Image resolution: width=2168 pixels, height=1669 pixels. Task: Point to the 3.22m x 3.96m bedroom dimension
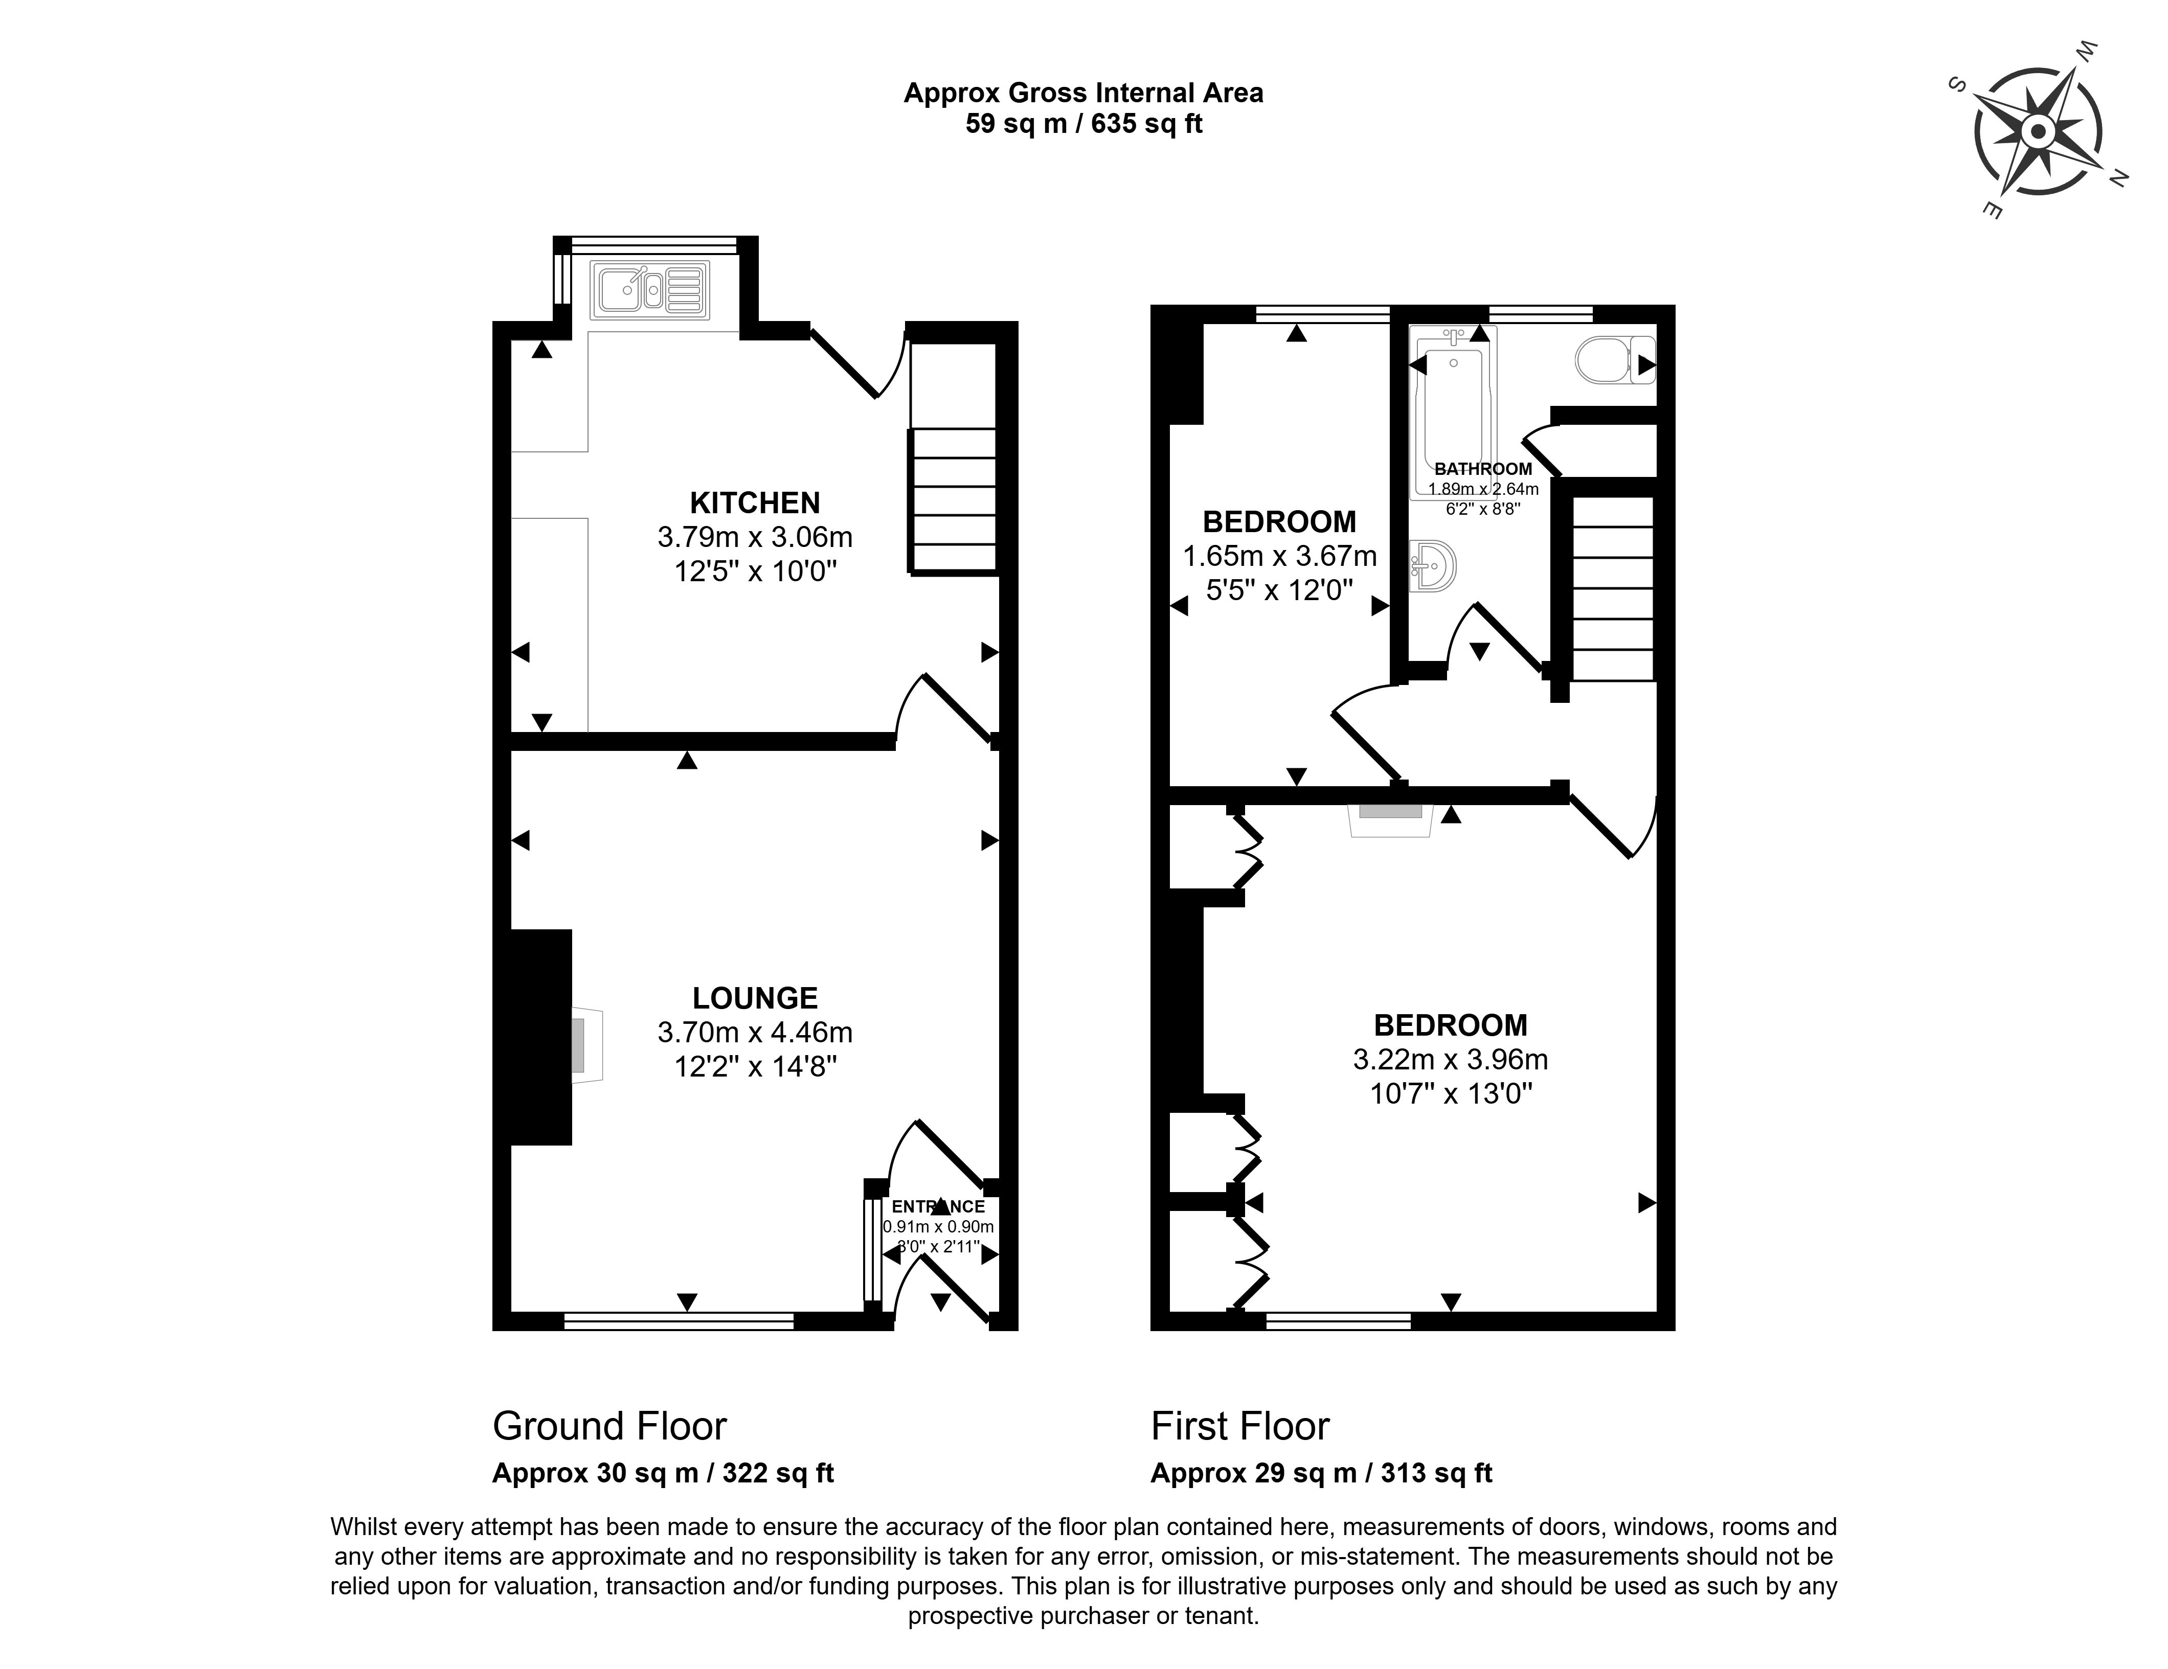tap(1450, 1060)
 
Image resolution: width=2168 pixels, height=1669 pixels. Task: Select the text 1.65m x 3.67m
tap(1279, 556)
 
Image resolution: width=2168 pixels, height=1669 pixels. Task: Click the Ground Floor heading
tap(609, 1426)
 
